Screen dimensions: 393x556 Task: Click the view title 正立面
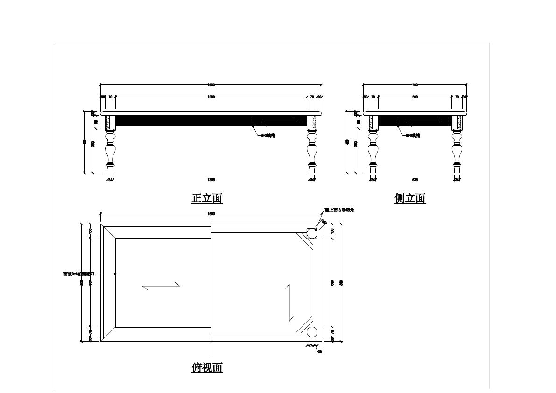pos(207,198)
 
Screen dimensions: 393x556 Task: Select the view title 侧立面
pos(410,198)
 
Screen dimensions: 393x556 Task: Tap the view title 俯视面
pos(207,367)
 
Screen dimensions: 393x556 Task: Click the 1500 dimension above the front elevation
pos(211,85)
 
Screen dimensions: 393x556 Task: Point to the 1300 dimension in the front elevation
pos(211,97)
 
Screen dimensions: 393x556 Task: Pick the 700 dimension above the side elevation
pos(415,85)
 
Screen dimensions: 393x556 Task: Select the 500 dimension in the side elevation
pos(415,97)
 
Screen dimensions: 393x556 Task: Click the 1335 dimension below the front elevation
pos(211,179)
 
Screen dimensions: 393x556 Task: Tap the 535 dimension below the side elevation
pos(415,179)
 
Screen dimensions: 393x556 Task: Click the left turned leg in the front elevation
pos(110,145)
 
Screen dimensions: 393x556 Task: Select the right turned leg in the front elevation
pos(312,145)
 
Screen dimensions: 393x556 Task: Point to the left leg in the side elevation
pos(373,145)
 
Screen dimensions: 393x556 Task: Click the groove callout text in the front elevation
pos(267,136)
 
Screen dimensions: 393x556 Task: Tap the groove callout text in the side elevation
pos(413,136)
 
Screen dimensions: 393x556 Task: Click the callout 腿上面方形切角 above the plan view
pos(339,211)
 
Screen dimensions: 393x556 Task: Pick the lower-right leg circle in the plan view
pos(311,332)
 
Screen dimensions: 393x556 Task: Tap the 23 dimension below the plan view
pos(320,351)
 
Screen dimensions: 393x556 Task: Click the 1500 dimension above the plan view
pos(211,214)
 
